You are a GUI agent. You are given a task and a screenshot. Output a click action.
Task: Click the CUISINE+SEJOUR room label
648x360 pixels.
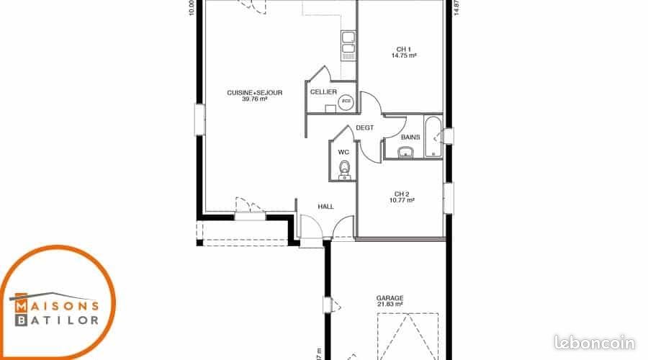pos(255,93)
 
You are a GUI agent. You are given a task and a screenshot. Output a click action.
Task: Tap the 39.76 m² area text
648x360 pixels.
pos(255,100)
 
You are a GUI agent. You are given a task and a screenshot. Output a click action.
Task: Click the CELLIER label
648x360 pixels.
pos(323,92)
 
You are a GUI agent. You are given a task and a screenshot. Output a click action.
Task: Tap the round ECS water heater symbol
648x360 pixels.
pos(345,101)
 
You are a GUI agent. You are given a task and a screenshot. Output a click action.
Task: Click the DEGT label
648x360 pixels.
pos(365,127)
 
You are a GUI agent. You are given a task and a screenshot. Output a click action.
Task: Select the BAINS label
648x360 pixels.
pos(410,137)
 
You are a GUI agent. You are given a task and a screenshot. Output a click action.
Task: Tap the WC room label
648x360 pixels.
pos(343,152)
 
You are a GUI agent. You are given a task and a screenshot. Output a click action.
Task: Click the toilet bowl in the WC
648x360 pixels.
pos(345,168)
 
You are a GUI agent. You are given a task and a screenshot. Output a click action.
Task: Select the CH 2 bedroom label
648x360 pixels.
pos(402,194)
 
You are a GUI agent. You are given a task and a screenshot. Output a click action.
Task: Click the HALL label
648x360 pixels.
pos(326,207)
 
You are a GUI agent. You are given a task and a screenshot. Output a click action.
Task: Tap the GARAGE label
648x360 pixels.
pos(390,297)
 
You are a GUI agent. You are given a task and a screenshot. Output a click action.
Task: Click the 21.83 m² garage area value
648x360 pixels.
pos(390,305)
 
